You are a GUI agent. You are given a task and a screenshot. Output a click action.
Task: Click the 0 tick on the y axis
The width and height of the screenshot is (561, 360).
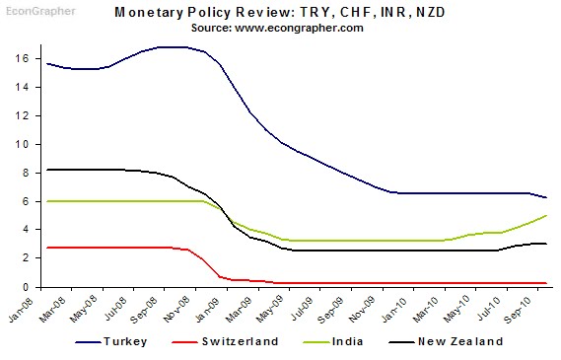point(34,287)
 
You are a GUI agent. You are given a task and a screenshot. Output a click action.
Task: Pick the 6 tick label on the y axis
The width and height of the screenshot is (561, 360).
point(34,201)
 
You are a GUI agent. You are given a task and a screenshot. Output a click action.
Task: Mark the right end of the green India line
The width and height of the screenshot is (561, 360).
point(547,215)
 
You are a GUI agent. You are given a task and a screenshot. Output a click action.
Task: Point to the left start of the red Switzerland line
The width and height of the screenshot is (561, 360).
point(46,248)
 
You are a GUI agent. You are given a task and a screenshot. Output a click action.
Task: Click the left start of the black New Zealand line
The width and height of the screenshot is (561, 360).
point(46,170)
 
